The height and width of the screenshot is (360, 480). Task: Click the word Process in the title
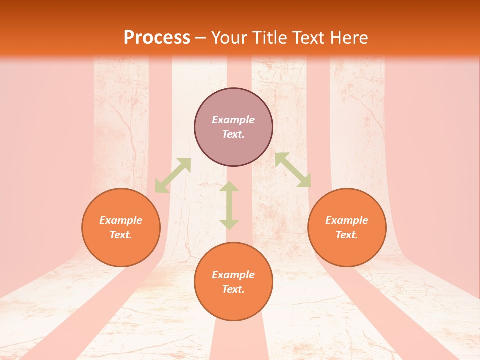[157, 38]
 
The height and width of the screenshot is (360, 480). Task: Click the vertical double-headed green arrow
[229, 205]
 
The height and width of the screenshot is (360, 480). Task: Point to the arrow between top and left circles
[173, 175]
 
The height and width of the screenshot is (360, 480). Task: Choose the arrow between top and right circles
[293, 170]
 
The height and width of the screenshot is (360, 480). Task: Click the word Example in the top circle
[233, 120]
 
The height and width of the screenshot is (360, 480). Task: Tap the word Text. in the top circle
[233, 134]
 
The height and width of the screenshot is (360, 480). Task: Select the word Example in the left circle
[121, 220]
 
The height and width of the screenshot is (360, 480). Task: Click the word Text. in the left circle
[121, 235]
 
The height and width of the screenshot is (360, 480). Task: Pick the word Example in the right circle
[347, 220]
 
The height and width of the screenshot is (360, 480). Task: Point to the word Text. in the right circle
[347, 235]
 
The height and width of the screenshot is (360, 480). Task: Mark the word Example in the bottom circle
[233, 275]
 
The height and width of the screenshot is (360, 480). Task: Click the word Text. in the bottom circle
[233, 289]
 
